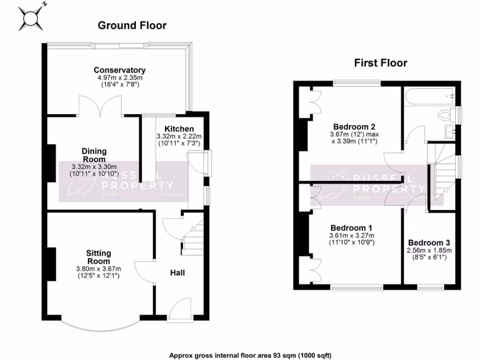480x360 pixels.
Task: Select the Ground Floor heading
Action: tap(132, 25)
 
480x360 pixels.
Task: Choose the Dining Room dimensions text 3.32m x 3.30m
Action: tap(94, 167)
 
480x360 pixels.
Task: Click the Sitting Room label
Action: tap(98, 257)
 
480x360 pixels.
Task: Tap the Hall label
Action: tap(177, 272)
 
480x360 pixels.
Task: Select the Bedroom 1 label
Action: tap(351, 228)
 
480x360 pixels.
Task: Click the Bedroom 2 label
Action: tap(354, 127)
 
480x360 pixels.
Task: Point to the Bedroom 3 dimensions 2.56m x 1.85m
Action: tap(429, 250)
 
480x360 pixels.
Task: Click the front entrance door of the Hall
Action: tap(180, 310)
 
